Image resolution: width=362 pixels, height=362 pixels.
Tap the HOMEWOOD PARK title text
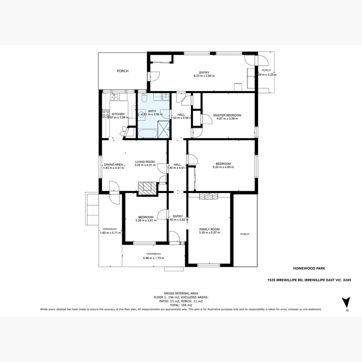(309, 268)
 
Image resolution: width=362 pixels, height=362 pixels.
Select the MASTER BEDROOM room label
(227, 115)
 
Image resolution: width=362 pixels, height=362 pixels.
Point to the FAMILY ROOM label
(209, 229)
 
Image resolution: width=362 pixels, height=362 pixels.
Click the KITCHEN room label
(118, 114)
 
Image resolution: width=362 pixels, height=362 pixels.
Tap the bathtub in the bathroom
(147, 134)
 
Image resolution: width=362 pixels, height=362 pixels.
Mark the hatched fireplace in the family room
(208, 196)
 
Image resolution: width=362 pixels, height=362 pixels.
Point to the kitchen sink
(114, 97)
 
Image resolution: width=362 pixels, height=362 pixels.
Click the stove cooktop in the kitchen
(106, 113)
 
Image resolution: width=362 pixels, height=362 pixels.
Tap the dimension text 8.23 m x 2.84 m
(204, 76)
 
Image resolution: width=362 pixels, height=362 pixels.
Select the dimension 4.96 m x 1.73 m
(153, 258)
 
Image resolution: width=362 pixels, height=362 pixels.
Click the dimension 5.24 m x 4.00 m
(223, 167)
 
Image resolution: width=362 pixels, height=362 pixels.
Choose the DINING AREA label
(113, 165)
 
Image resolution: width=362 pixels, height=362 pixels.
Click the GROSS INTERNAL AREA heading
(181, 293)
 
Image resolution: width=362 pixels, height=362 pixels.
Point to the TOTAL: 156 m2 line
(181, 305)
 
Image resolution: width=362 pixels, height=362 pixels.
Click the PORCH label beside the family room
(245, 234)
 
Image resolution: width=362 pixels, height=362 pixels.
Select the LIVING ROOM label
(145, 162)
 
